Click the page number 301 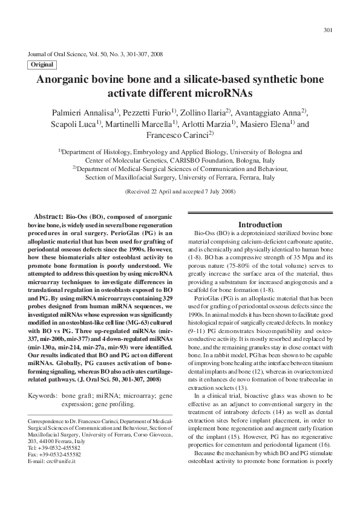[329, 30]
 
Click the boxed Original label [42, 65]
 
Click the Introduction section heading [260, 225]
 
